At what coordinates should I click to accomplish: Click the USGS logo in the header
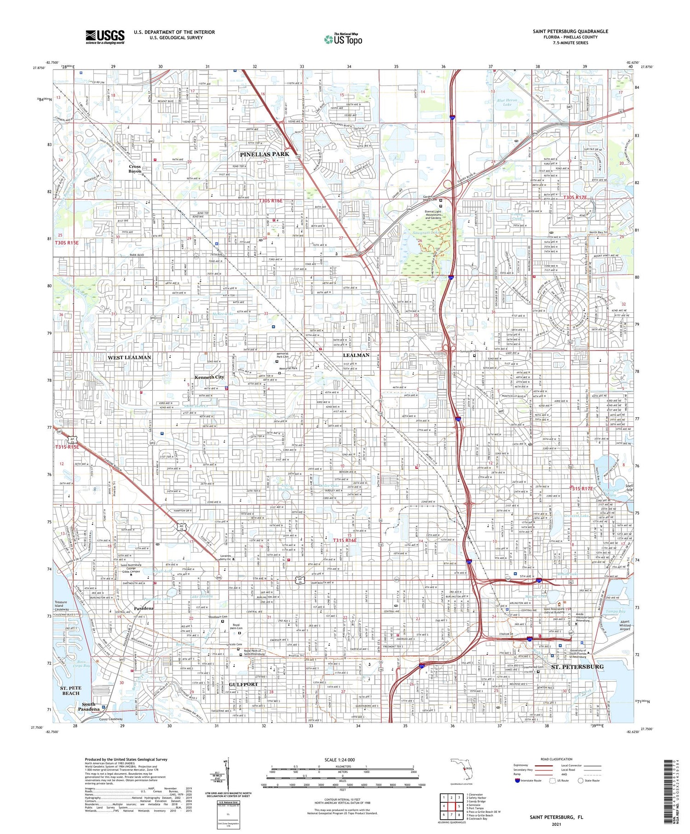[105, 37]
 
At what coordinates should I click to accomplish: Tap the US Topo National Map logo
[343, 39]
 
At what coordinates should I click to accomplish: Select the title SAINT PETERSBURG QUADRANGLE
[570, 31]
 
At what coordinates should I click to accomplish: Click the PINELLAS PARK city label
[264, 154]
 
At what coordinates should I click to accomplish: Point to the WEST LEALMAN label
[129, 357]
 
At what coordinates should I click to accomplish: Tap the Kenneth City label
[209, 377]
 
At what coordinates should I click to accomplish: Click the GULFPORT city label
[244, 684]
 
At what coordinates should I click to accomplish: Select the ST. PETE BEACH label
[71, 690]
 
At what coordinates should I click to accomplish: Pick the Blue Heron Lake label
[507, 102]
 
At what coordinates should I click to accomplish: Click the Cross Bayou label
[135, 169]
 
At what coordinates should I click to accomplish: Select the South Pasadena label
[88, 707]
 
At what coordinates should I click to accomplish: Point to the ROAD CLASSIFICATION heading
[557, 759]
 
